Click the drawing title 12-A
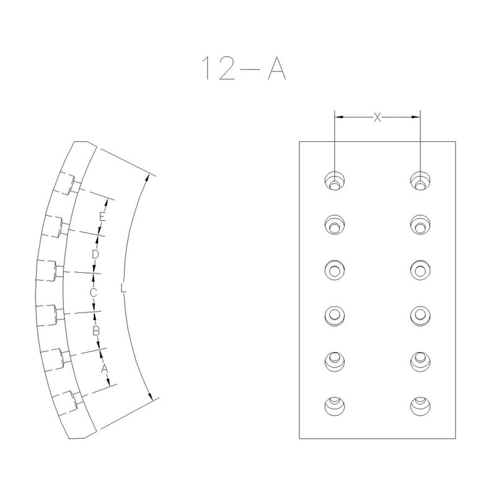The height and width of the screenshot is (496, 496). pos(244,68)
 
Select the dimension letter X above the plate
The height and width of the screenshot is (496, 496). pos(378,117)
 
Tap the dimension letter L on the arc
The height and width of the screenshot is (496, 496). pos(123,288)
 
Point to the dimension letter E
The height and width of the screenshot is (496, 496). pos(102,217)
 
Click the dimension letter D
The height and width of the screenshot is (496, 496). pos(95,254)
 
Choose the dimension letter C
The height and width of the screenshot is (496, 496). pos(94,293)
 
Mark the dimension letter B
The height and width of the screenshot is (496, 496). pos(96,331)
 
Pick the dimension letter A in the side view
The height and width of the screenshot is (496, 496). pos(104,368)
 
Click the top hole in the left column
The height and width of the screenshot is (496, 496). pos(335,181)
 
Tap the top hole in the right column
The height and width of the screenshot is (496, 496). pos(420,181)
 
